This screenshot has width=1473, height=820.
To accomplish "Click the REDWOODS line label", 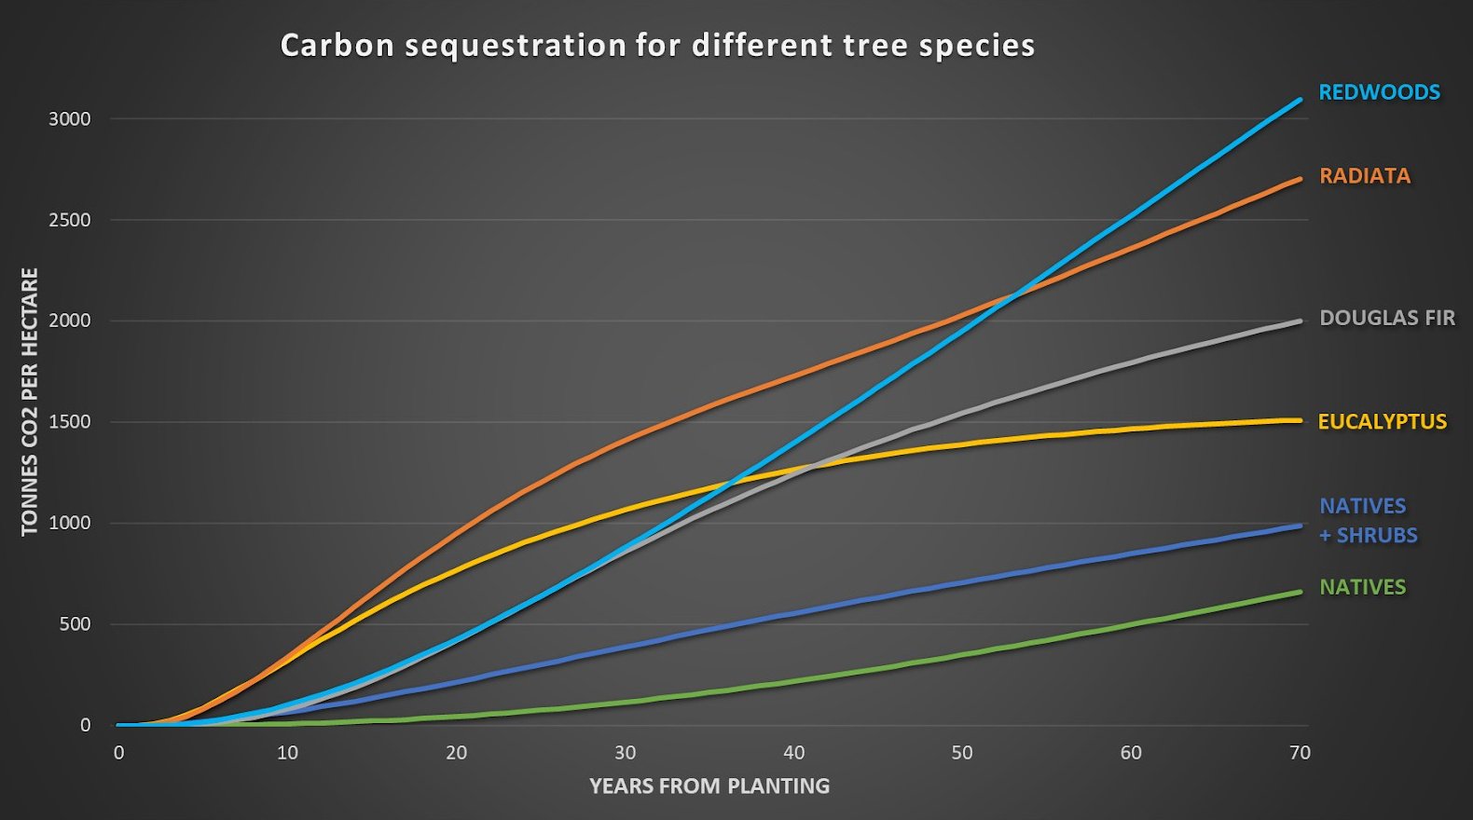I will click(1379, 92).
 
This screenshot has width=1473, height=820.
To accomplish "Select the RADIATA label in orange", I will click(1365, 176).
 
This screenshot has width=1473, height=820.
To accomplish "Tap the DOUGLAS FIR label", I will click(1387, 318).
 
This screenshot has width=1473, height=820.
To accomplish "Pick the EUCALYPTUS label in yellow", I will click(1382, 421).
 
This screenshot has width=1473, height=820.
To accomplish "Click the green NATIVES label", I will click(1362, 587).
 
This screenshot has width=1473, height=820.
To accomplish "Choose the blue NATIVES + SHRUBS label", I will click(1368, 520).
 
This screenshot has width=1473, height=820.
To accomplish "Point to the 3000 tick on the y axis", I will click(70, 119).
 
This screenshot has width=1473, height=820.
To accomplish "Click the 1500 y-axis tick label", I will click(70, 422).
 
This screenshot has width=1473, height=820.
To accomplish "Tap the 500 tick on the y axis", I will click(75, 624).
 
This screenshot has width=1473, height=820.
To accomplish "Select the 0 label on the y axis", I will click(86, 725).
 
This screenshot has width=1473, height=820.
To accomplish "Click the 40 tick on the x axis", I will click(793, 753).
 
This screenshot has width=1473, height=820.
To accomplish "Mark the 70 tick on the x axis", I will click(1300, 753).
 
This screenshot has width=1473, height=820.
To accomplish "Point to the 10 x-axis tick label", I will click(287, 753).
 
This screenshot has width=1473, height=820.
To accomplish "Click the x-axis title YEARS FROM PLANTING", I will click(709, 786).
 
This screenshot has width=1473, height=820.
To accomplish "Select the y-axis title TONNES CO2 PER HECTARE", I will click(30, 402).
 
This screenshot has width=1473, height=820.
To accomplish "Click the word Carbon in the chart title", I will click(337, 46).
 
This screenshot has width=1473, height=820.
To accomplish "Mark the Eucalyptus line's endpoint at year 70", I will click(1300, 420).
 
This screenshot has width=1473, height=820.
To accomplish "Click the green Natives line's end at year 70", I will click(1300, 592).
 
